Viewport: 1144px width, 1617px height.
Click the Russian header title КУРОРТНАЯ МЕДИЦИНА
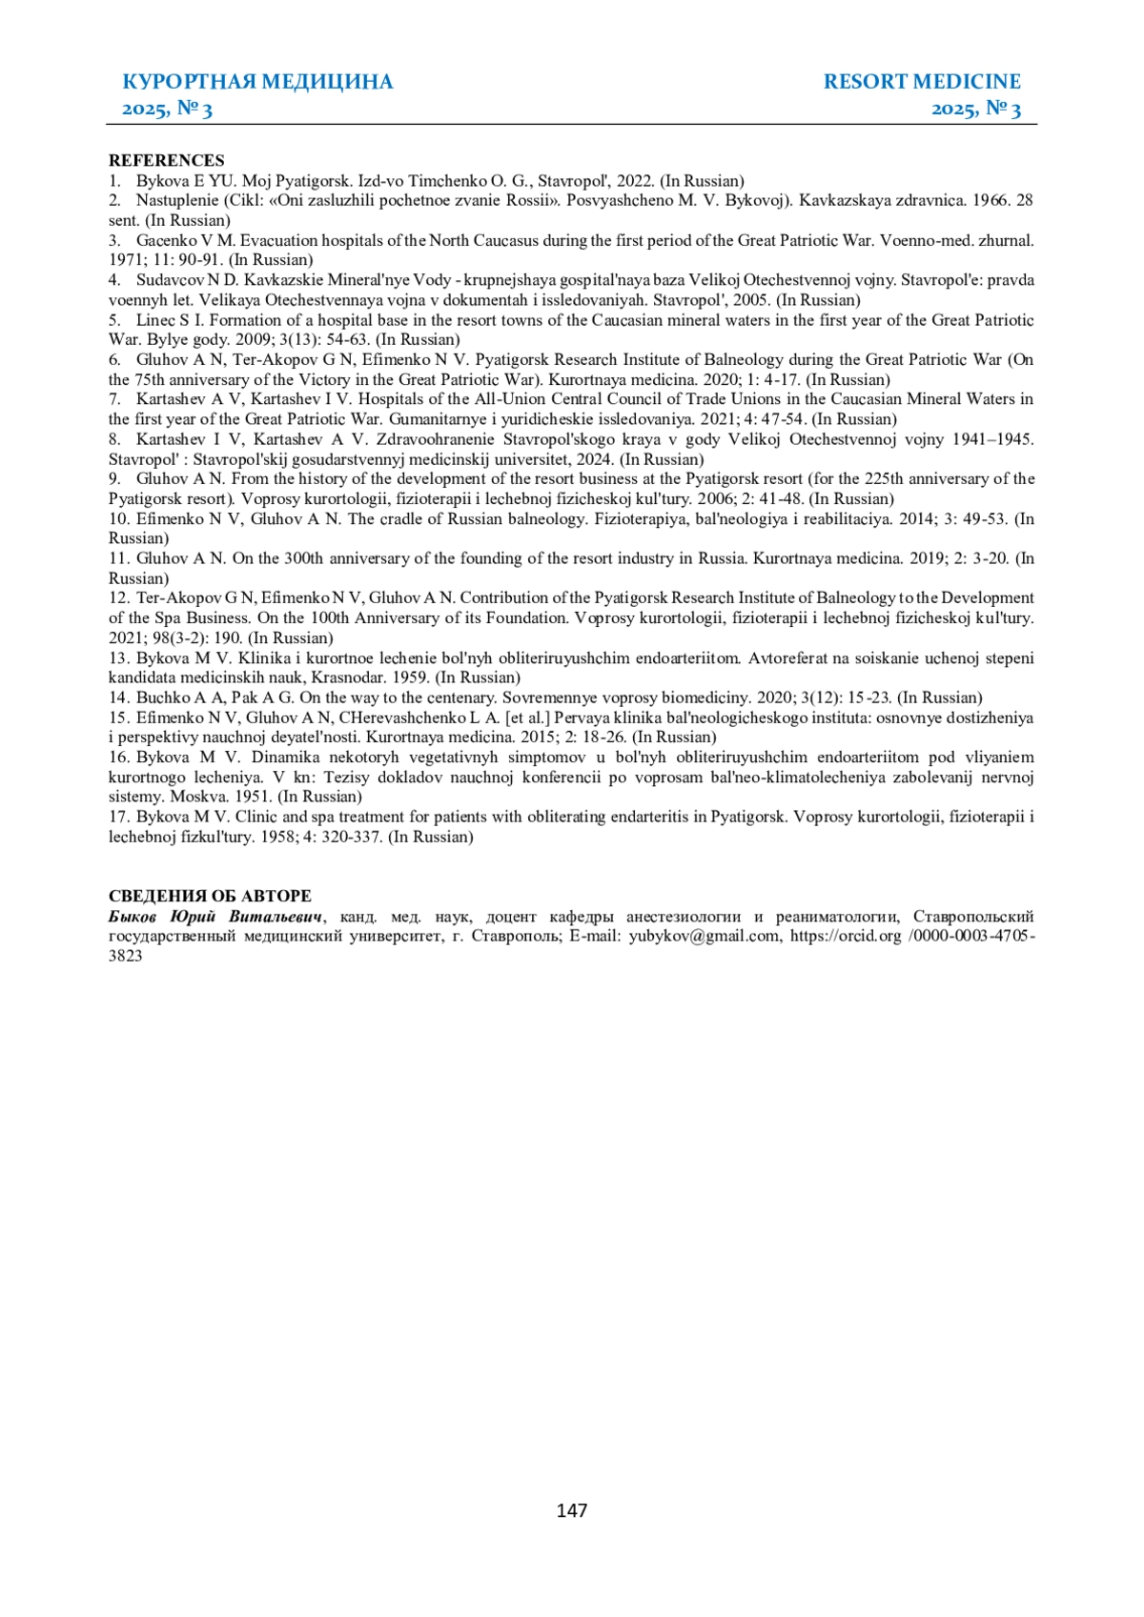(x=257, y=82)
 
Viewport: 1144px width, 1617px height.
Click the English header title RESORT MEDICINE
(x=921, y=82)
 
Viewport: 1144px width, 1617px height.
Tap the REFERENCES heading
(x=167, y=160)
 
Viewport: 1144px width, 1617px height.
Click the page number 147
(x=571, y=1510)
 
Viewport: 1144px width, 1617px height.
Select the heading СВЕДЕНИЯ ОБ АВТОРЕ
(x=210, y=896)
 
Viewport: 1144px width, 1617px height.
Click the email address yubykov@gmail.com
(x=704, y=936)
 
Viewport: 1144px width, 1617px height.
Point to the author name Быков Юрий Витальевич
(x=215, y=917)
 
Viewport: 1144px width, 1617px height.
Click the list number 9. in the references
(x=114, y=478)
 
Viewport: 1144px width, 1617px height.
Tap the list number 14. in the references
(x=118, y=697)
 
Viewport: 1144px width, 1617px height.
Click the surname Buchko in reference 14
(x=163, y=697)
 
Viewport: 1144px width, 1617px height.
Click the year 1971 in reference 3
(x=126, y=260)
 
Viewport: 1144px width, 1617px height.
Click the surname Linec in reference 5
(x=155, y=320)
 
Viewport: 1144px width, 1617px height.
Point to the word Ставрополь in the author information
(x=510, y=936)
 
